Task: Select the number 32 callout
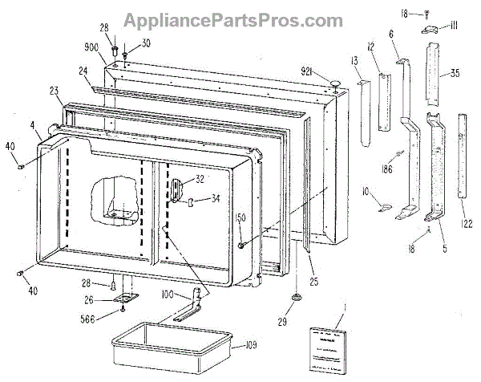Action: tap(200, 180)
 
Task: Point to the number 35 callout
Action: tap(455, 73)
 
